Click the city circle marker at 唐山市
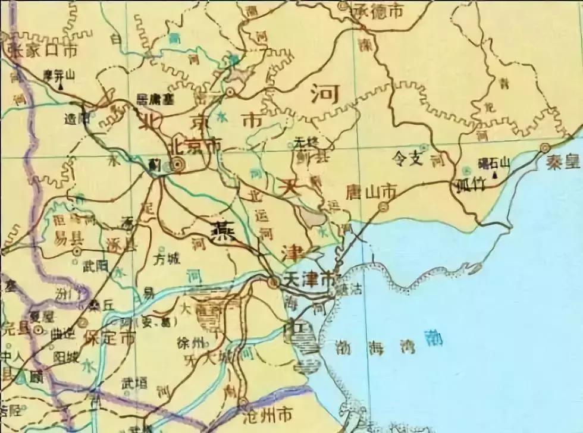(x=384, y=207)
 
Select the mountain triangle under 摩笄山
(x=61, y=86)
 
